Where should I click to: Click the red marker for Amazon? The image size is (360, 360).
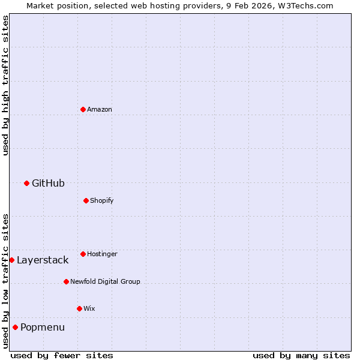click(83, 109)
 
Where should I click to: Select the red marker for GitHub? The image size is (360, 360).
click(26, 183)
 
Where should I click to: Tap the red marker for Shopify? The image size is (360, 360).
click(86, 200)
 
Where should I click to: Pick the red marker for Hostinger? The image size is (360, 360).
click(83, 254)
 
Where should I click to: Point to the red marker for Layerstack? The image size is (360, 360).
click(11, 260)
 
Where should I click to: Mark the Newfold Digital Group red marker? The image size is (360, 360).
click(66, 281)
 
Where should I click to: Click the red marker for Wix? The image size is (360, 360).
click(79, 308)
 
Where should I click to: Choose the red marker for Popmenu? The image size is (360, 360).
click(15, 327)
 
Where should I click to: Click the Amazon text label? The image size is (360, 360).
click(100, 109)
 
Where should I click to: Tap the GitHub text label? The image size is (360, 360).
click(48, 183)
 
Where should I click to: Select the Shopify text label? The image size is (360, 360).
click(102, 200)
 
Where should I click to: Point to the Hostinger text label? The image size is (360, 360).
click(102, 254)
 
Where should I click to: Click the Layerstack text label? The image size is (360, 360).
click(43, 260)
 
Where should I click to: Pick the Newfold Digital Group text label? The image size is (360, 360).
click(105, 281)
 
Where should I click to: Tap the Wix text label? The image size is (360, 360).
click(89, 308)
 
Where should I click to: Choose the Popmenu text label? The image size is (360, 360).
click(43, 327)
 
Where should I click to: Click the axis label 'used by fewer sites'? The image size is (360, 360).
click(62, 355)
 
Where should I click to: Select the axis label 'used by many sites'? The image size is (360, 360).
click(301, 355)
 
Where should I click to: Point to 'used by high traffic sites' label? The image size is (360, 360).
click(5, 85)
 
